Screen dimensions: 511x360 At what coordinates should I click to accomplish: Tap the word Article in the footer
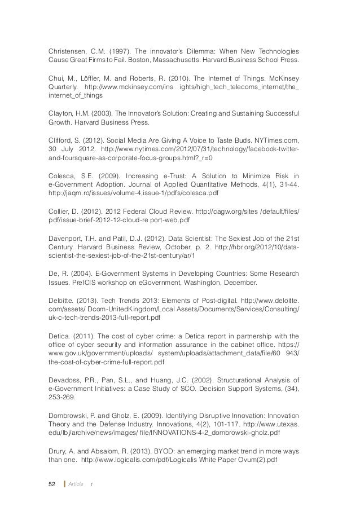76,484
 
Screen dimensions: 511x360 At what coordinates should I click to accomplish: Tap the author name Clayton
59,112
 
